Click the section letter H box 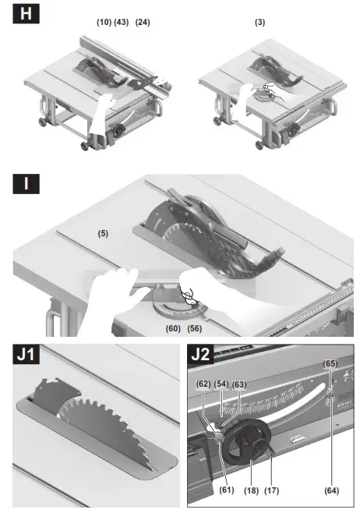coord(26,14)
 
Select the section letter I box coord(26,186)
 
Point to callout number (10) coord(104,23)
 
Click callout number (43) coord(121,23)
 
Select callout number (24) coord(143,23)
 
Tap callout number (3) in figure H coord(259,23)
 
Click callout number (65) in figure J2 coord(330,363)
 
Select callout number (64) coord(330,490)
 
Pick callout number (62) coord(203,384)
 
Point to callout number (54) coord(221,384)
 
